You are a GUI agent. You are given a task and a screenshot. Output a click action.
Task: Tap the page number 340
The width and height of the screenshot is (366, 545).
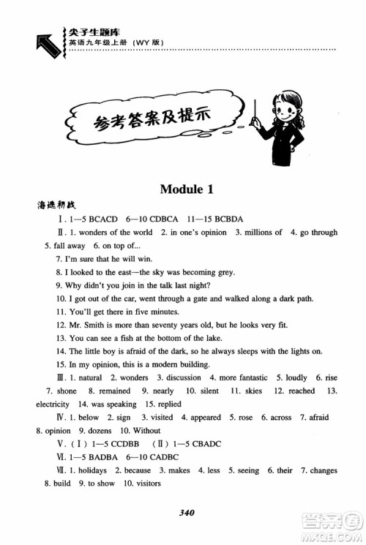point(184,512)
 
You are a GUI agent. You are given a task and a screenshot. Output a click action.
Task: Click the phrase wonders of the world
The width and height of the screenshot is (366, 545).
point(121,233)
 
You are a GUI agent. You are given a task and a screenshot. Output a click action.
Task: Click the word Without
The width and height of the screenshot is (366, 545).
point(146,430)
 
